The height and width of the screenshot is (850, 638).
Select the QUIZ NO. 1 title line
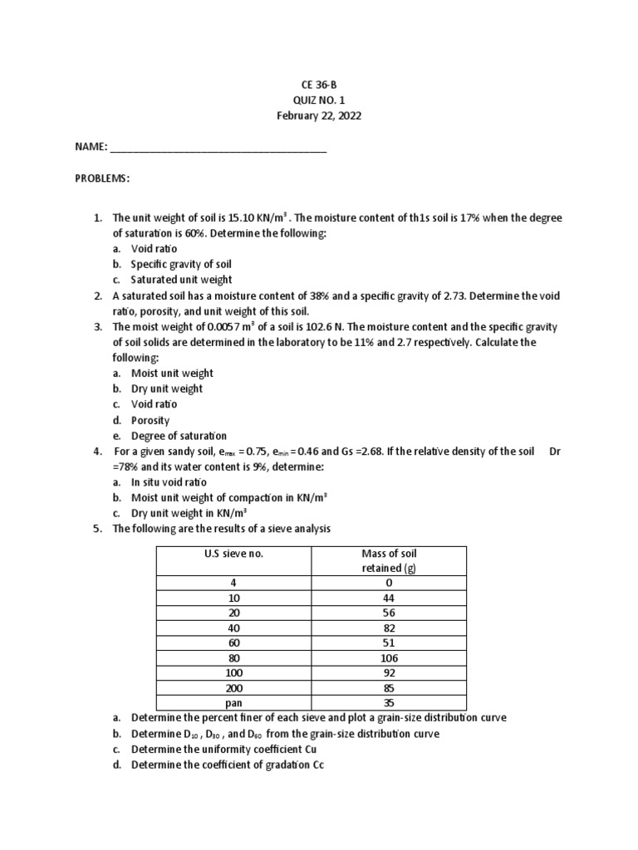pyautogui.click(x=319, y=100)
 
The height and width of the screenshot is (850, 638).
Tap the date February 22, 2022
pyautogui.click(x=319, y=115)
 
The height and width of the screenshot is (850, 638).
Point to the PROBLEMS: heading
pyautogui.click(x=102, y=178)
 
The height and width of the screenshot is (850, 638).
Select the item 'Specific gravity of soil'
pyautogui.click(x=182, y=264)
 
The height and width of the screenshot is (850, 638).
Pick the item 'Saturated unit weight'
pyautogui.click(x=181, y=280)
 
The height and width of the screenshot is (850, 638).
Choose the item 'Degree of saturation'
pyautogui.click(x=179, y=436)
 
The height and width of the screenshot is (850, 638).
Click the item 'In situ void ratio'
pyautogui.click(x=169, y=482)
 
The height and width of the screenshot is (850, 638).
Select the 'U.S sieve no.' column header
pyautogui.click(x=233, y=554)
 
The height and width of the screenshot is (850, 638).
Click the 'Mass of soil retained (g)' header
pyautogui.click(x=389, y=560)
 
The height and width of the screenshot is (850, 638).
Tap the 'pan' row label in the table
pyautogui.click(x=233, y=702)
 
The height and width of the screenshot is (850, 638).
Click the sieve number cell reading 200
pyautogui.click(x=233, y=686)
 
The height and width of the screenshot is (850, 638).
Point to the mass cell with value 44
pyautogui.click(x=389, y=598)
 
